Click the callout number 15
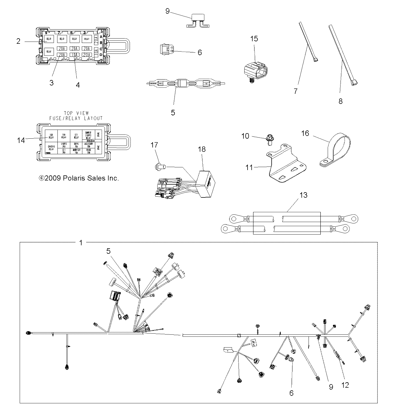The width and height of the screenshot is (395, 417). [x=254, y=39]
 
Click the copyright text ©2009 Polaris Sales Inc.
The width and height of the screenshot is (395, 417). [x=82, y=178]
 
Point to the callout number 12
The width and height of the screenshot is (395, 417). [x=345, y=385]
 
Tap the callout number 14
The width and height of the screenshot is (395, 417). [x=21, y=141]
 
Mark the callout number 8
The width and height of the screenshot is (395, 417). [x=341, y=101]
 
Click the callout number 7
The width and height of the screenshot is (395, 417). [x=296, y=91]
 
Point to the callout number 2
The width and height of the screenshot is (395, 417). [x=18, y=41]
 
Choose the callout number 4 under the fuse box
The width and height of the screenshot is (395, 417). [x=78, y=85]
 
